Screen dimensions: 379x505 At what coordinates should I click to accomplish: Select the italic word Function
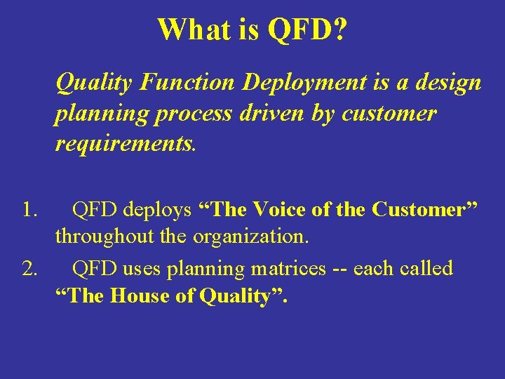[x=187, y=83]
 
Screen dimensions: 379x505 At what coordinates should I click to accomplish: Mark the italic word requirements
[x=126, y=144]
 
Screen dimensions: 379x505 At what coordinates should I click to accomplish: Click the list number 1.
[x=29, y=209]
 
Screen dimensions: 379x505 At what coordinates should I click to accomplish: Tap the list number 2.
[x=30, y=269]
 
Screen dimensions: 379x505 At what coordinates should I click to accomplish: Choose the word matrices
[x=288, y=269]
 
